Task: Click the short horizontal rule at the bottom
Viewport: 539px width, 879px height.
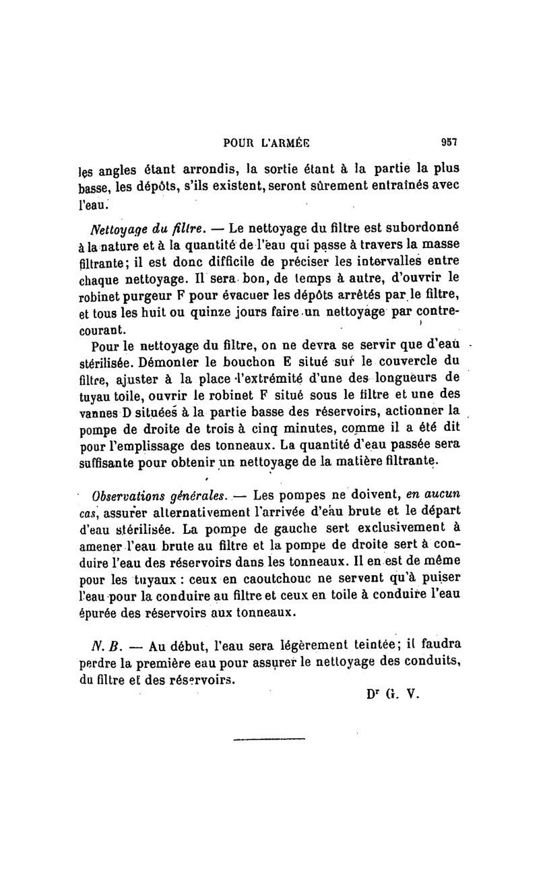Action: tap(269, 740)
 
